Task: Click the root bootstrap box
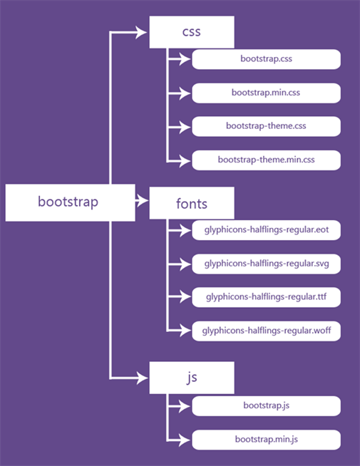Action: [x=69, y=202]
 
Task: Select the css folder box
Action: [x=191, y=32]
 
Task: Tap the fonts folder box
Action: [x=191, y=204]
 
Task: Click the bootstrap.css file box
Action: [x=266, y=59]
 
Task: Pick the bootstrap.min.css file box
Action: [x=266, y=93]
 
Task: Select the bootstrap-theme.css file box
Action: [x=266, y=126]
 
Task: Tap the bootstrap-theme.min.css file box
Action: [x=266, y=160]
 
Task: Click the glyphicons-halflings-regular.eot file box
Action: [x=266, y=230]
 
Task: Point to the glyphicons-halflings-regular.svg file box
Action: [x=266, y=264]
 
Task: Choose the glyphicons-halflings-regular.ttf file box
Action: [x=266, y=296]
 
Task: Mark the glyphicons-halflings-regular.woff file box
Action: [x=266, y=331]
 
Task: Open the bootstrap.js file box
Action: [x=266, y=405]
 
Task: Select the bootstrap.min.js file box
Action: [x=266, y=439]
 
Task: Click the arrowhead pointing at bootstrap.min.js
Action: [x=187, y=439]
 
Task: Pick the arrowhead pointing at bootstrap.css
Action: [x=187, y=59]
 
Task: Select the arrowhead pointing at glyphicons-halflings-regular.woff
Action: [x=187, y=331]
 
